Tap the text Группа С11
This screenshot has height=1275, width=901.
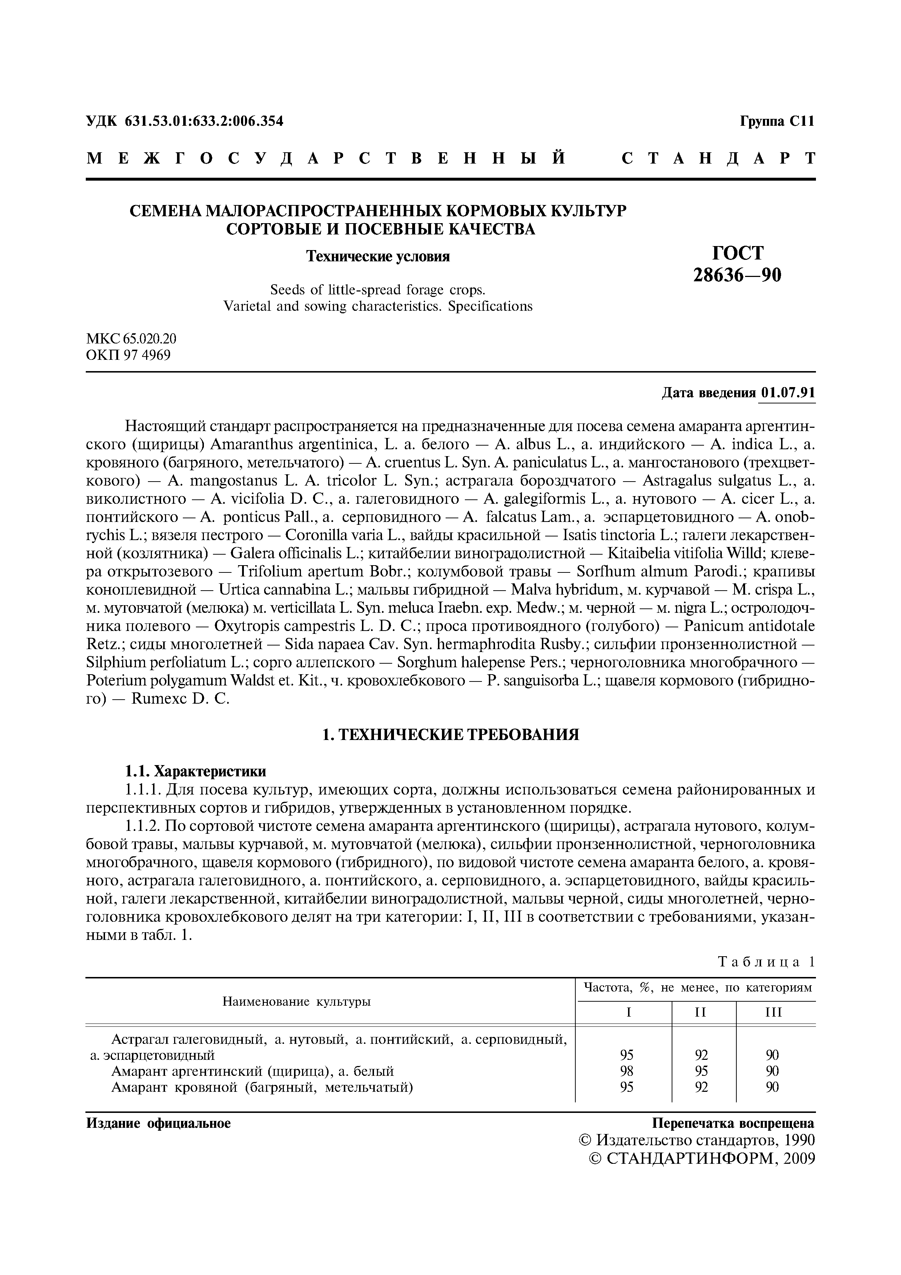777,121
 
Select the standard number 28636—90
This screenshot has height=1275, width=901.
737,275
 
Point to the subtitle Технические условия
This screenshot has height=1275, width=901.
378,257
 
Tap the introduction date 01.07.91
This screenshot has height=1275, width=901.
788,393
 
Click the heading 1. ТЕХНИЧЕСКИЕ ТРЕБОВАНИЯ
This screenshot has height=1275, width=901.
450,735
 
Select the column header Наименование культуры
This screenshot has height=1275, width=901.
297,1002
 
